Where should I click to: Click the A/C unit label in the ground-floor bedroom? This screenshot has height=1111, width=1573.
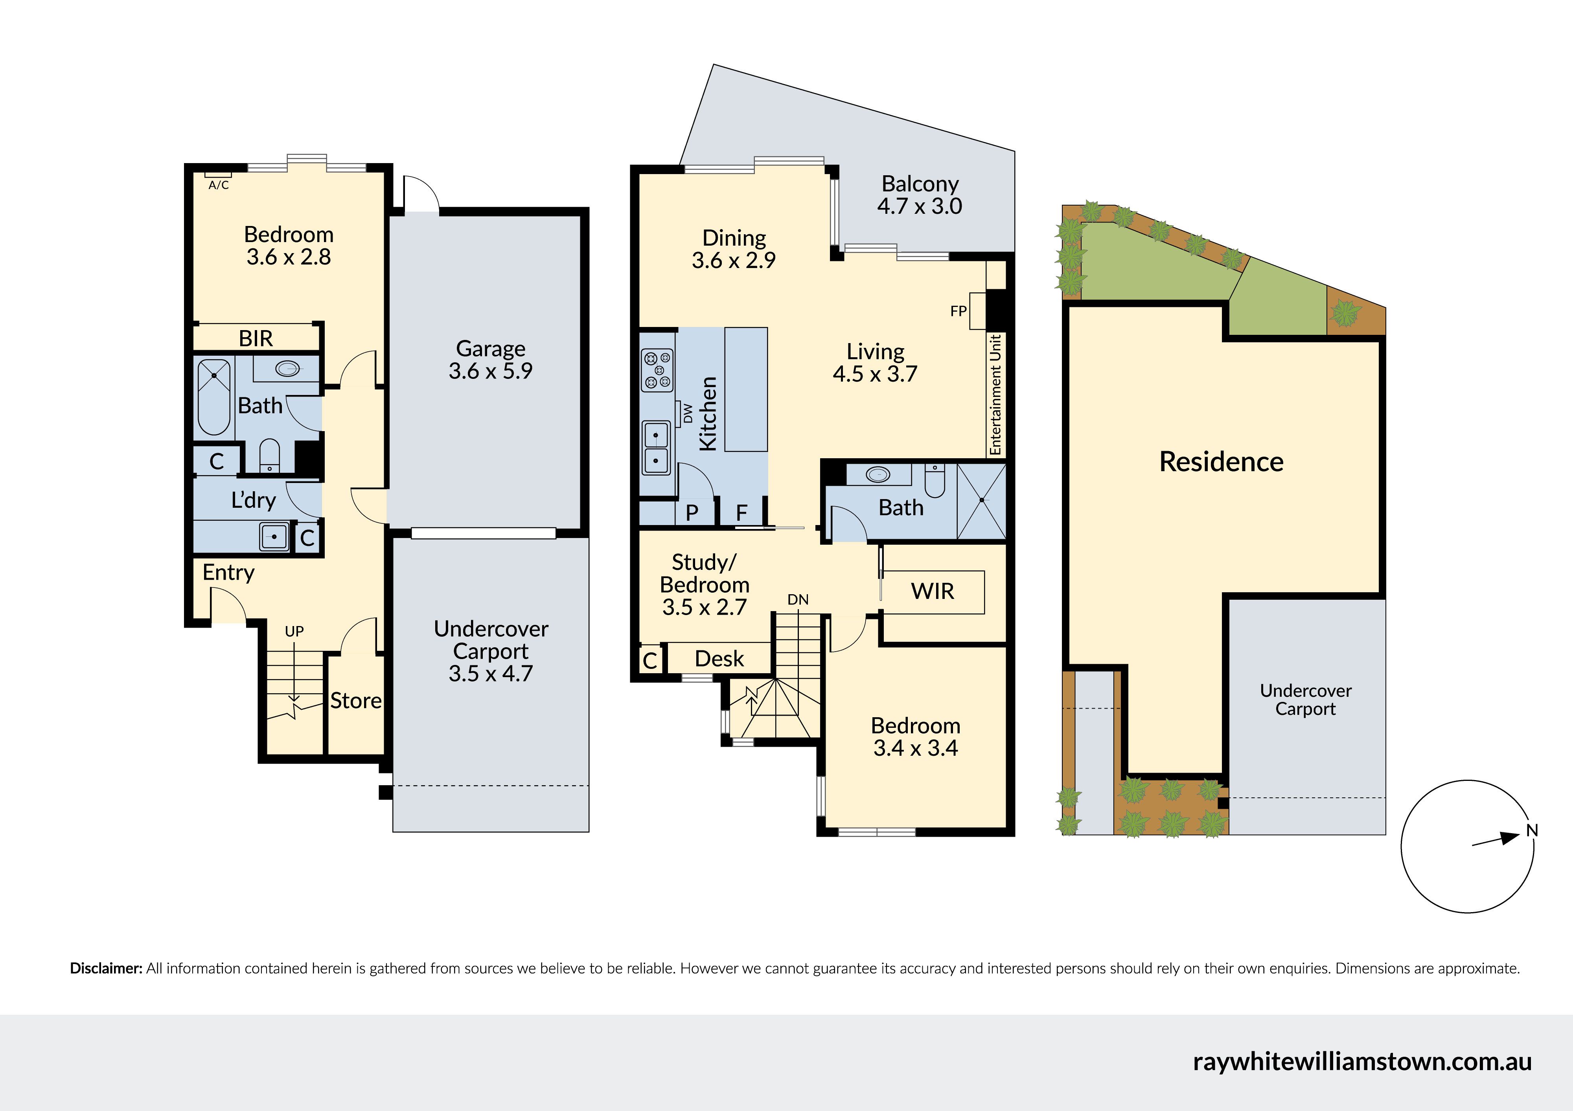pyautogui.click(x=219, y=185)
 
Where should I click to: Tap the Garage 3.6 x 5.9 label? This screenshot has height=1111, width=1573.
pyautogui.click(x=491, y=360)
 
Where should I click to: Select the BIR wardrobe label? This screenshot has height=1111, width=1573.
pyautogui.click(x=256, y=338)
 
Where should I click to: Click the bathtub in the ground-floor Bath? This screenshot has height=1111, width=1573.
pyautogui.click(x=214, y=397)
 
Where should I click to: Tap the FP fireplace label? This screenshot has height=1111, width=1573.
pyautogui.click(x=959, y=311)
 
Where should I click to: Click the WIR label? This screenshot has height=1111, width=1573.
pyautogui.click(x=933, y=591)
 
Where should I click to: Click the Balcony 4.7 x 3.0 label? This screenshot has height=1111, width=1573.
pyautogui.click(x=920, y=195)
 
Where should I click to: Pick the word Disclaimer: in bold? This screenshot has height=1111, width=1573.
pyautogui.click(x=106, y=968)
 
